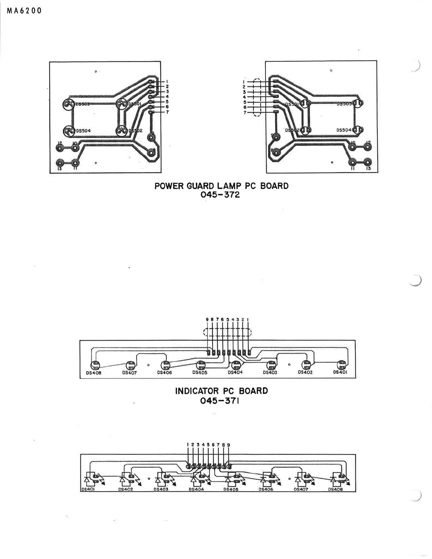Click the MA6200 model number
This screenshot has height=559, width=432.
coord(24,11)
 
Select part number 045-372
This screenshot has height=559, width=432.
coord(220,195)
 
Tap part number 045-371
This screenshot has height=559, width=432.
coord(220,401)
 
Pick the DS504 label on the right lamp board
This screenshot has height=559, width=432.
coord(344,130)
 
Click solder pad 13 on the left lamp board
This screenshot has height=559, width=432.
coord(60,163)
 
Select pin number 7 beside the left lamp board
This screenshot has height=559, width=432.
coord(167,112)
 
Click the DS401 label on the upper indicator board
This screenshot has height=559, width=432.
coord(341,372)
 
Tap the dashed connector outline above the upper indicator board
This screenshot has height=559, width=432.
coord(228,332)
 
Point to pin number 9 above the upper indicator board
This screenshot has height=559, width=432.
coord(207,319)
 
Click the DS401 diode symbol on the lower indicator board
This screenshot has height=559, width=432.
coord(88,480)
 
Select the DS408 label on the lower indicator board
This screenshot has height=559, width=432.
coord(335,489)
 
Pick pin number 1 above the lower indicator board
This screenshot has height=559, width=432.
coord(188,445)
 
